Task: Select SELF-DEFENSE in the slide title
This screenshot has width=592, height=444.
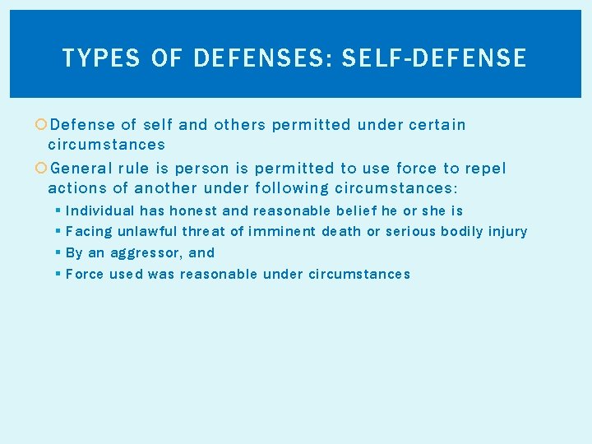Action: pos(433,58)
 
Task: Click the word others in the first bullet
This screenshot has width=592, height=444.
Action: pos(239,125)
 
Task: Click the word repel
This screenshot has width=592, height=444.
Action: pos(486,169)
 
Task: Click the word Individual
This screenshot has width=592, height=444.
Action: pos(99,211)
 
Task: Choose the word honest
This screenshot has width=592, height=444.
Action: pos(194,211)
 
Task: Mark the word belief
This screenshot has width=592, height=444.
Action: pos(355,211)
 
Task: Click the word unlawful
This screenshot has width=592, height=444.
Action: pos(148,232)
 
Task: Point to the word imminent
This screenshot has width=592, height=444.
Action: pos(282,232)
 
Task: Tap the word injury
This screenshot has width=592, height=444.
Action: pos(508,232)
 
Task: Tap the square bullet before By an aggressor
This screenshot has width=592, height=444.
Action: pos(58,253)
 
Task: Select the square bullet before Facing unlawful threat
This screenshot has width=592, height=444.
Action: pos(58,232)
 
